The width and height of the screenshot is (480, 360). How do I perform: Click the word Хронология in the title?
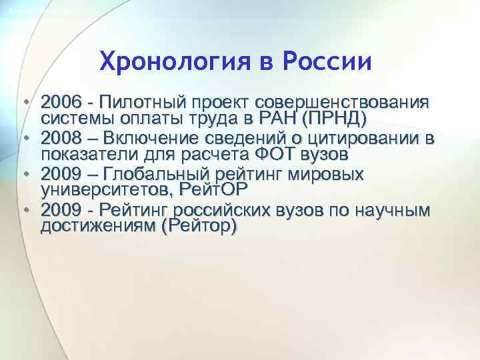click(x=179, y=63)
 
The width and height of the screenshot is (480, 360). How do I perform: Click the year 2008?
click(x=60, y=139)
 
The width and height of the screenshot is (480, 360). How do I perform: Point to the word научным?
click(x=394, y=211)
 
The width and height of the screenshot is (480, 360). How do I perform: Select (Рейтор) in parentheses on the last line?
click(x=199, y=227)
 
